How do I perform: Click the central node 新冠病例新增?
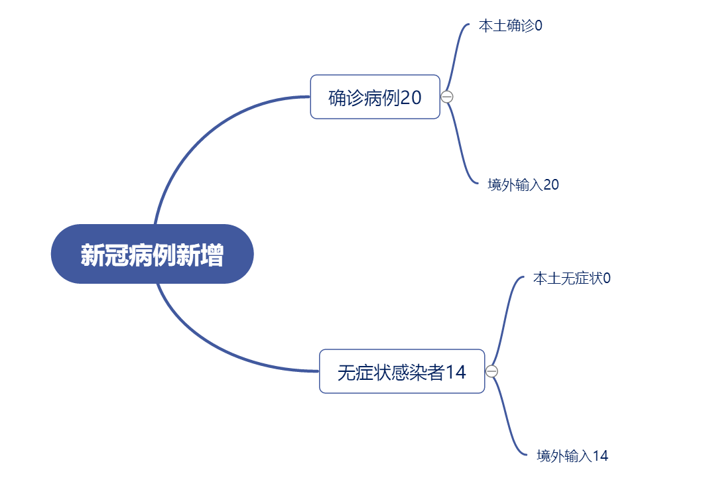pos(153,254)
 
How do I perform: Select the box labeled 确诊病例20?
pos(375,97)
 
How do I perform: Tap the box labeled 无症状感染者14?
pos(402,371)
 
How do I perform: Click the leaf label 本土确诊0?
pos(511,26)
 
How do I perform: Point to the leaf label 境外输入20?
pos(523,184)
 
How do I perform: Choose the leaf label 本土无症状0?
pos(572,278)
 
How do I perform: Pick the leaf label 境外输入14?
pos(573,456)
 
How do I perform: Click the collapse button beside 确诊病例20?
pos(447,97)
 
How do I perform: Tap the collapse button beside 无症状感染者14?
pos(491,371)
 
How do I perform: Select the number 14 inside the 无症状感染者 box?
pos(456,373)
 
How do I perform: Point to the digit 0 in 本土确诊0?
pos(539,26)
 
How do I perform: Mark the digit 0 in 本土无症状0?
pos(607,278)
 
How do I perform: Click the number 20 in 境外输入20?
pos(551,184)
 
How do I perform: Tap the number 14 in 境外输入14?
pos(600,456)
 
